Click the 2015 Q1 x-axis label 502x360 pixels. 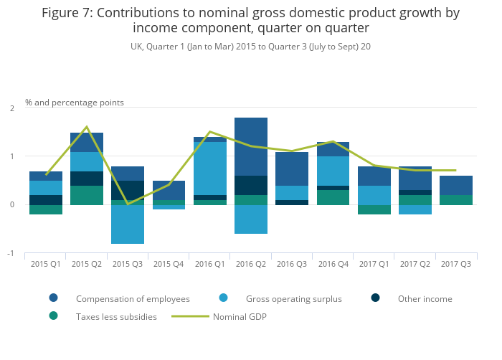45,263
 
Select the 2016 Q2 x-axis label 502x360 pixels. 251,263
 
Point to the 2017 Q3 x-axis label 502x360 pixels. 456,263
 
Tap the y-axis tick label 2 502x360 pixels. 11,108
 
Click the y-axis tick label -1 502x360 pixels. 10,254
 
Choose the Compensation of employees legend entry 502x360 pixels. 133,298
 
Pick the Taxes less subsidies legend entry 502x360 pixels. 116,316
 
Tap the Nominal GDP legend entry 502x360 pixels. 240,316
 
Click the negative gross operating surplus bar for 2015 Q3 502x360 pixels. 128,224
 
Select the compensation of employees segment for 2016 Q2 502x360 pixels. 251,147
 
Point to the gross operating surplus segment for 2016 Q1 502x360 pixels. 209,169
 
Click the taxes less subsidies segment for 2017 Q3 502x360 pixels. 456,200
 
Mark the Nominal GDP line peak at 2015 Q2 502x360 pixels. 87,127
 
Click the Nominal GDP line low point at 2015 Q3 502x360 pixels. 128,204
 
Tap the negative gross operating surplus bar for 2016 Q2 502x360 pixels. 251,219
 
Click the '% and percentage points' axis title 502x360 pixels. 75,103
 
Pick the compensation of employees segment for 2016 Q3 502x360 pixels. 292,169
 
